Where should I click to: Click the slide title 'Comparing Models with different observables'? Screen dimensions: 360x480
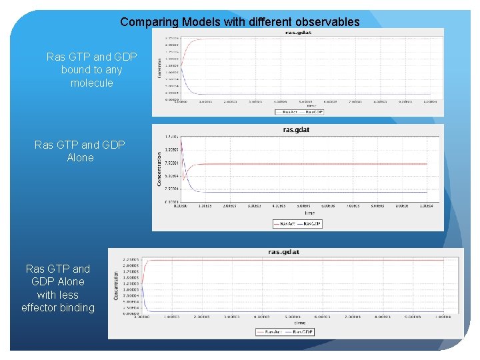point(239,22)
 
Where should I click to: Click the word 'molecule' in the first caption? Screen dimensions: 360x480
point(92,83)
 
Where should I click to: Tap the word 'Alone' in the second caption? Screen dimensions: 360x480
point(80,157)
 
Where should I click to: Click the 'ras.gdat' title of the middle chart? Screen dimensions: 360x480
point(297,129)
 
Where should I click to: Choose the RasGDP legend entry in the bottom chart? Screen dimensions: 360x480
point(302,331)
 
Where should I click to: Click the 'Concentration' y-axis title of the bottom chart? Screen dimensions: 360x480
point(117,284)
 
